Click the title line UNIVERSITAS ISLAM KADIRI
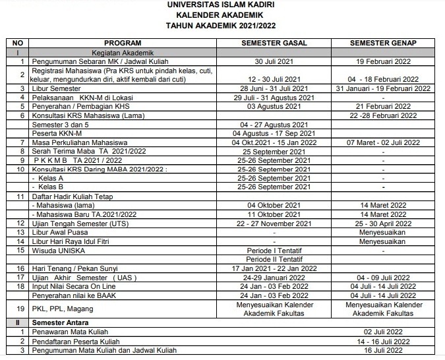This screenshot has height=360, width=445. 222,5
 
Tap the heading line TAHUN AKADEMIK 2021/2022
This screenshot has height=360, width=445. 222,26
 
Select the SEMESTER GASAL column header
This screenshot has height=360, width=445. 273,43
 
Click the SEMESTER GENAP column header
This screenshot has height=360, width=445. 383,43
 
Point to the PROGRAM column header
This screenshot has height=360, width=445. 123,43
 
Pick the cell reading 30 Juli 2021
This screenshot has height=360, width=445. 273,61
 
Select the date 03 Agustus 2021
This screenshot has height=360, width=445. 273,106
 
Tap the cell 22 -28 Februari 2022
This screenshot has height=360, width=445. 383,115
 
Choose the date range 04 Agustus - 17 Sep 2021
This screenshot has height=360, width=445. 273,133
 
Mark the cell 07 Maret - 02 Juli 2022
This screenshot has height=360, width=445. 383,142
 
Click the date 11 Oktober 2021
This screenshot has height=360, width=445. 273,214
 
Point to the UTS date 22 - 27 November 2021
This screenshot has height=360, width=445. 273,224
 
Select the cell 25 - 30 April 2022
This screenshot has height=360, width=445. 383,224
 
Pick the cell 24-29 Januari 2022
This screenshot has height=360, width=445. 273,278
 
